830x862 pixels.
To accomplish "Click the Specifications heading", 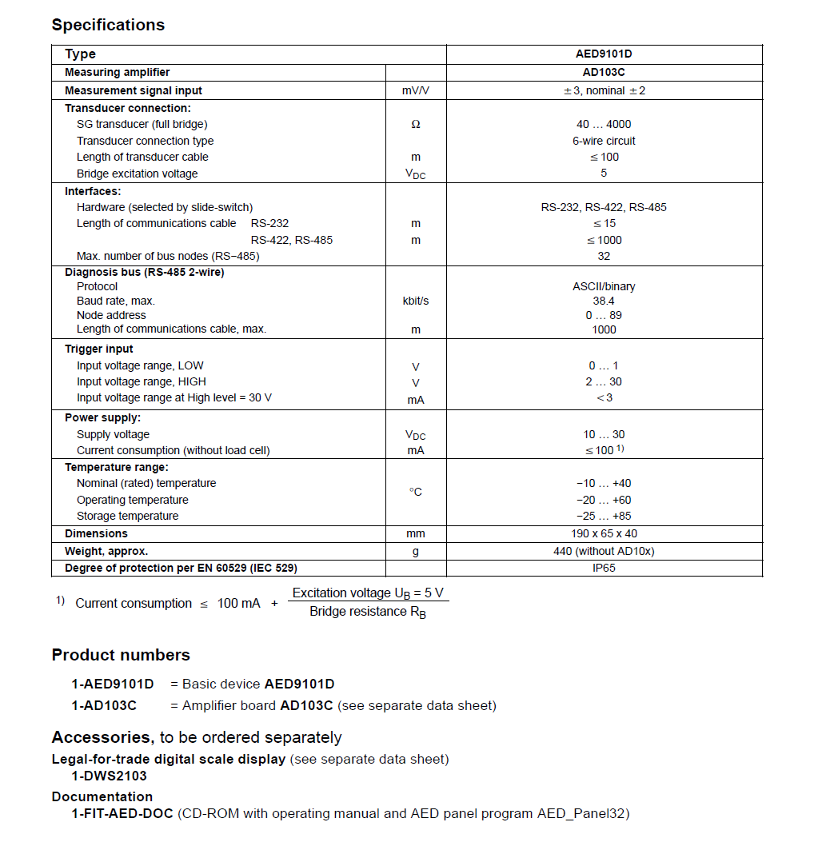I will click(x=108, y=25).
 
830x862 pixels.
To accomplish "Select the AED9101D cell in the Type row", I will click(x=604, y=54).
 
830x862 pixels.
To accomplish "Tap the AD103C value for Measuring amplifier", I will click(x=604, y=73).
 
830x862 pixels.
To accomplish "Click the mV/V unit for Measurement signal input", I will click(x=415, y=91).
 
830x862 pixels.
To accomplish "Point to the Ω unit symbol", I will click(x=415, y=125).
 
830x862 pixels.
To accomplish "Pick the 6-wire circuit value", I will click(x=604, y=141).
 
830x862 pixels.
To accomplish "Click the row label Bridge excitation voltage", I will click(x=137, y=174).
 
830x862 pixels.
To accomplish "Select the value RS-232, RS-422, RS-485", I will click(x=604, y=207).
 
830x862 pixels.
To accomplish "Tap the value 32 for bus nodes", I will click(x=604, y=256).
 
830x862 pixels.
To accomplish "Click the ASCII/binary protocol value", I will click(x=604, y=286).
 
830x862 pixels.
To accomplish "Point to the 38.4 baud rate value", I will click(x=604, y=301).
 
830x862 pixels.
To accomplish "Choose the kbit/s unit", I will click(x=415, y=301).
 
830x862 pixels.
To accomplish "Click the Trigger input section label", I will click(x=99, y=349).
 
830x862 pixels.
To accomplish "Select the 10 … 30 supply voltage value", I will click(x=604, y=434).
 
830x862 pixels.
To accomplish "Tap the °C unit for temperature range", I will click(x=415, y=492).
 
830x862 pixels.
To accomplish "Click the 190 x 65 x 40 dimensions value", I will click(x=604, y=533).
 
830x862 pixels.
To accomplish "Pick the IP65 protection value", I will click(x=604, y=569).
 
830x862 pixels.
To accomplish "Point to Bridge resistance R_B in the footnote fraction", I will click(x=368, y=613).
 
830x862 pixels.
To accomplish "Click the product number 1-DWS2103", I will click(x=110, y=776).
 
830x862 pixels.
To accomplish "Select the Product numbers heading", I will click(x=121, y=655).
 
